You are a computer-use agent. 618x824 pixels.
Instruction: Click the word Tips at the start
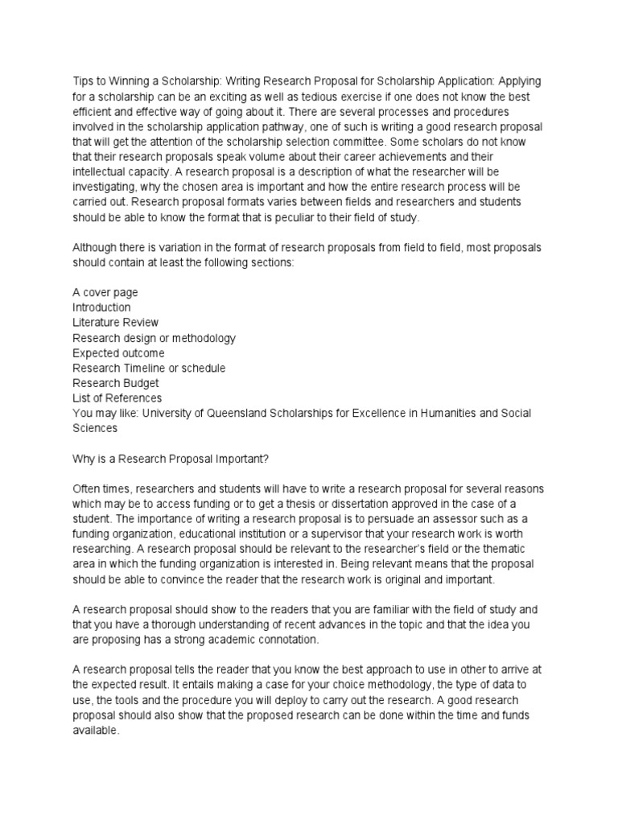(84, 81)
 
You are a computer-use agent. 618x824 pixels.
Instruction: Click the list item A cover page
(105, 292)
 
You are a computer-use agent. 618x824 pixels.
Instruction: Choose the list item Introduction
(101, 307)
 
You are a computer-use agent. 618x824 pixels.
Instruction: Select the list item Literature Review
(117, 323)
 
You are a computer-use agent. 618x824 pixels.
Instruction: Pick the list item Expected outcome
(118, 352)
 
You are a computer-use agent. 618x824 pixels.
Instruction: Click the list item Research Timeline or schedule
(149, 368)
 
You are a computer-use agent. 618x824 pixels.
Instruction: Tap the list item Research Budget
(116, 383)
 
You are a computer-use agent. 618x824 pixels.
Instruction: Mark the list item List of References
(117, 398)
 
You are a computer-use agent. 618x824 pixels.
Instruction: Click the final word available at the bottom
(95, 730)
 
